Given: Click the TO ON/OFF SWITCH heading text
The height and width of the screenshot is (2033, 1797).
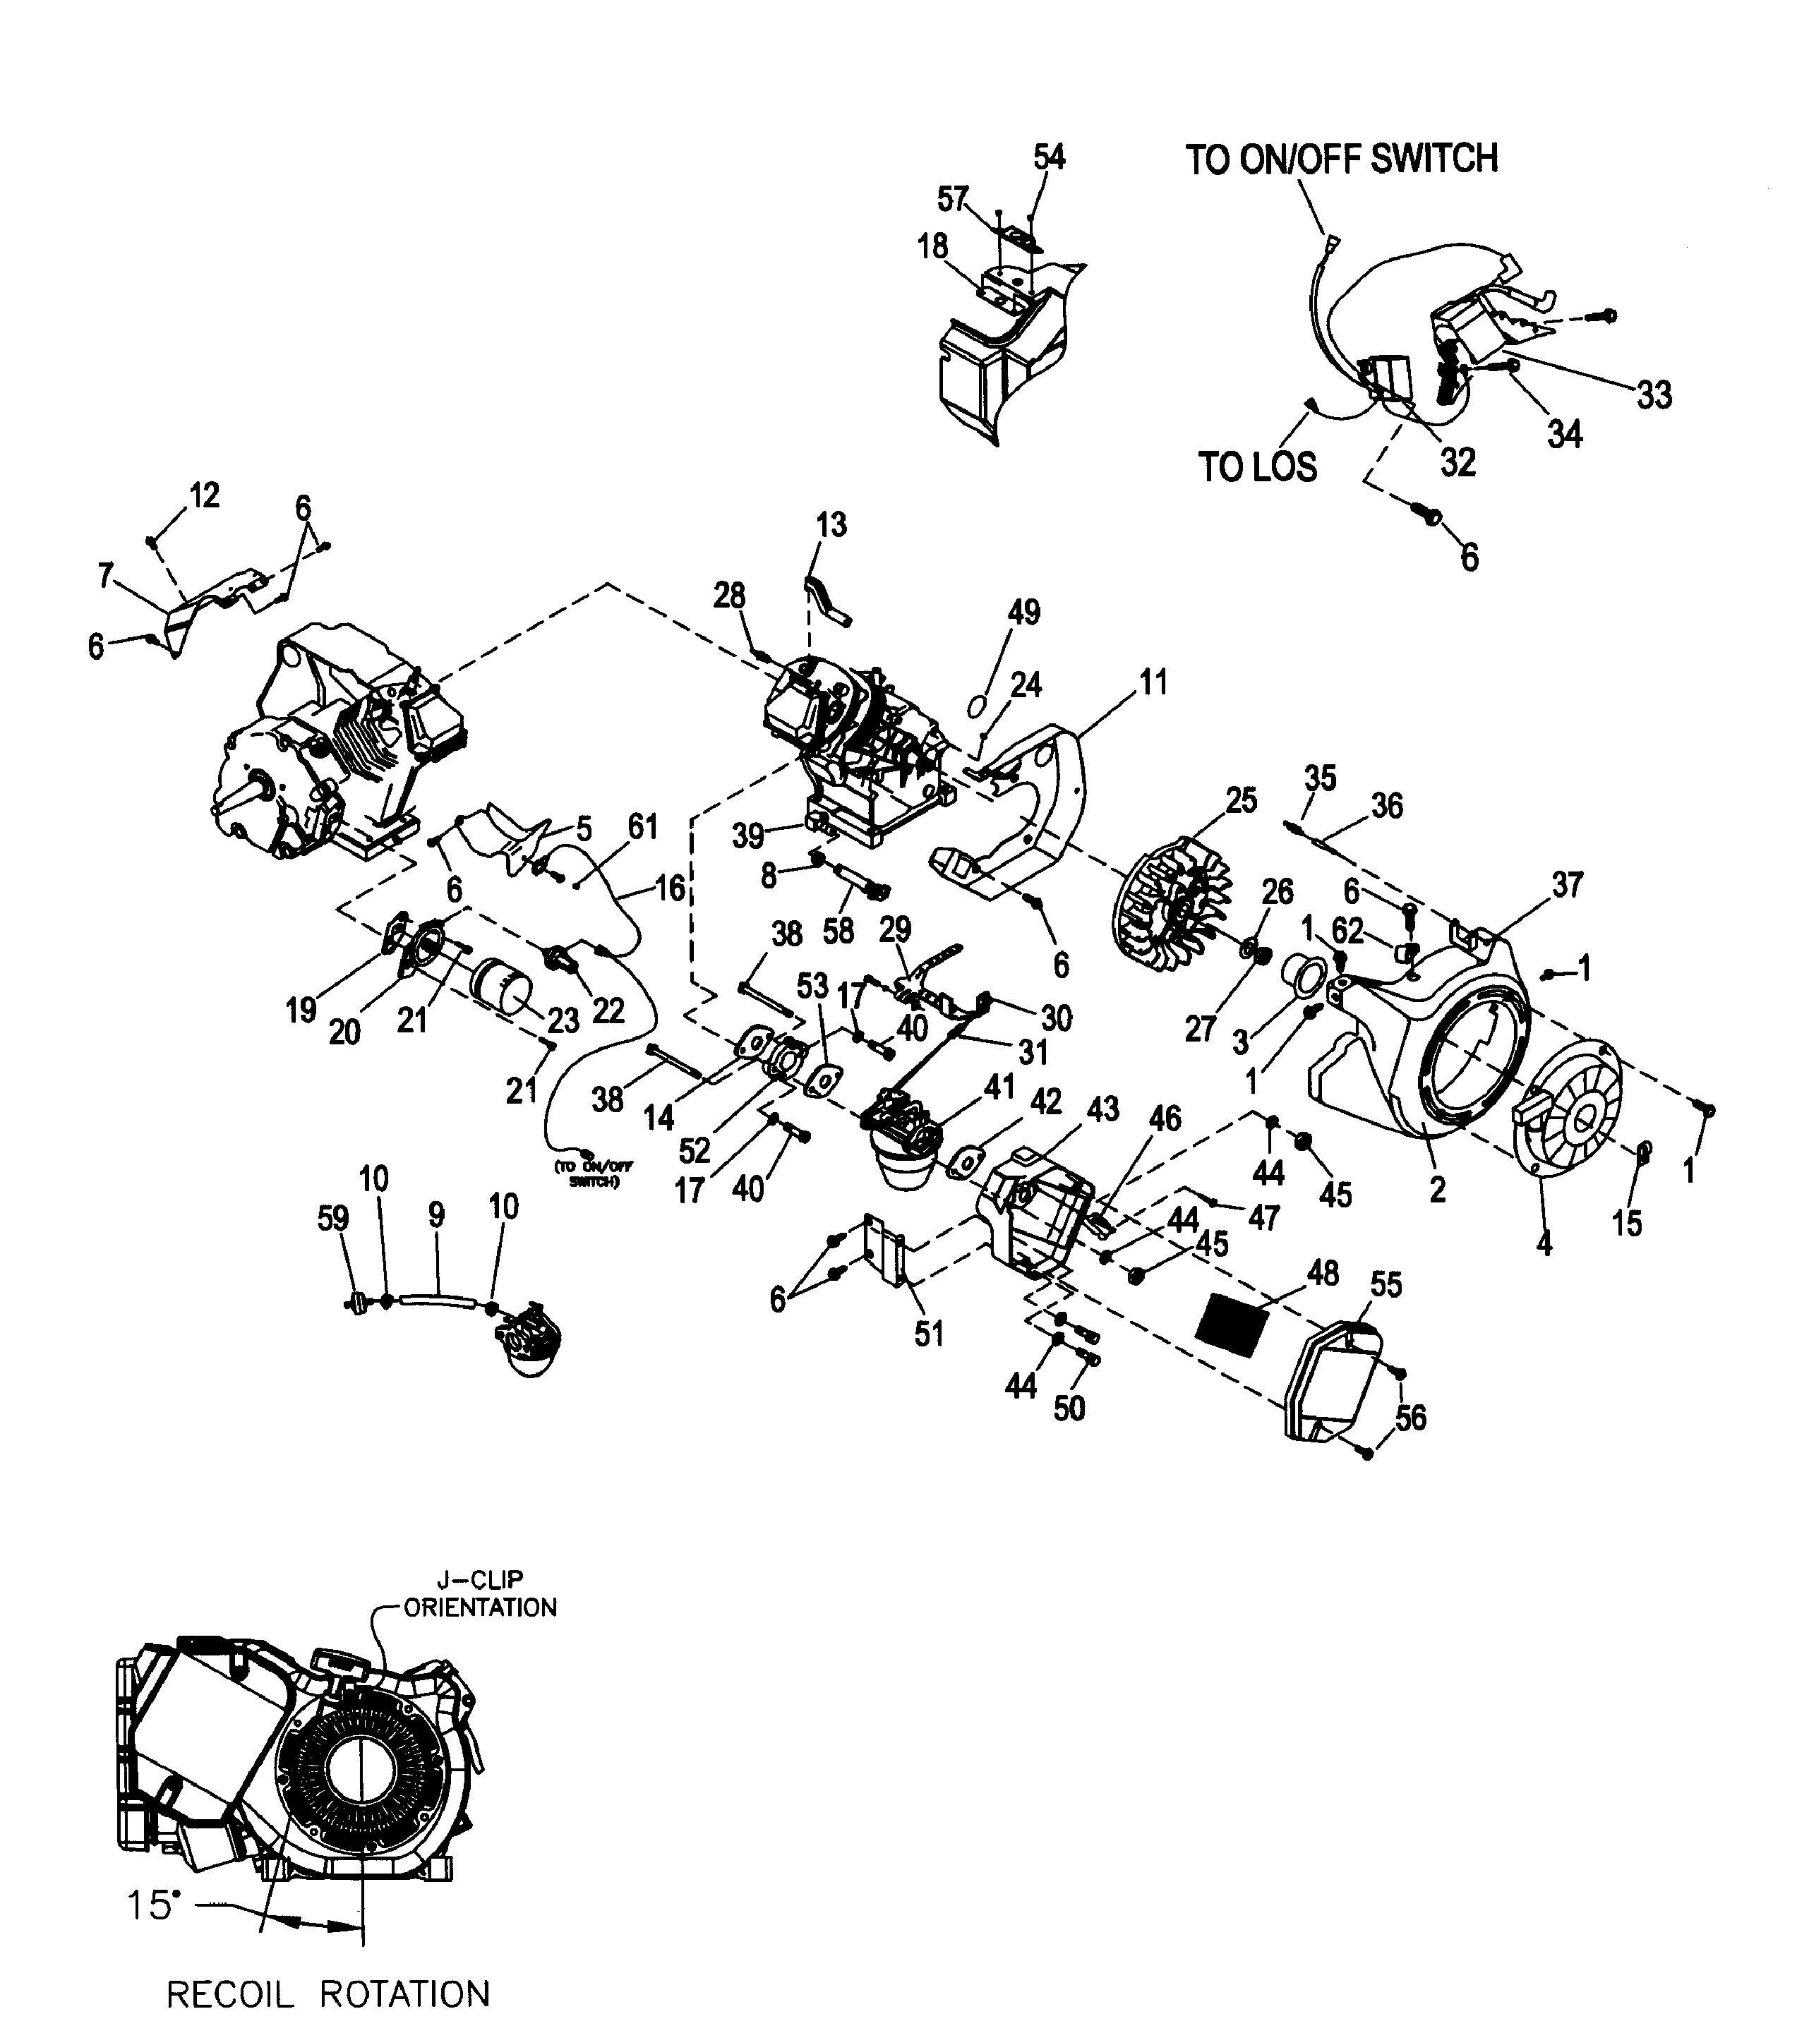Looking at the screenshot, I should pyautogui.click(x=1340, y=159).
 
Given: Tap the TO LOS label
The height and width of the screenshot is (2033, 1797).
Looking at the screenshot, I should pyautogui.click(x=1257, y=466).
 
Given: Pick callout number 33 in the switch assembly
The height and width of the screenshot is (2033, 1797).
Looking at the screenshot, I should pyautogui.click(x=1654, y=395).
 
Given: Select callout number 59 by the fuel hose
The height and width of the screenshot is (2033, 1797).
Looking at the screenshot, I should pyautogui.click(x=332, y=1219).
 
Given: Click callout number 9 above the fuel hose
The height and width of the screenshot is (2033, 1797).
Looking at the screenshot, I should pyautogui.click(x=435, y=1214).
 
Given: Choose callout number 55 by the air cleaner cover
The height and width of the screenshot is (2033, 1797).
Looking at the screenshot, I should pyautogui.click(x=1386, y=1284).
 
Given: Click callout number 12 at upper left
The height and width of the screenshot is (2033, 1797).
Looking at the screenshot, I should pyautogui.click(x=204, y=495).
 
